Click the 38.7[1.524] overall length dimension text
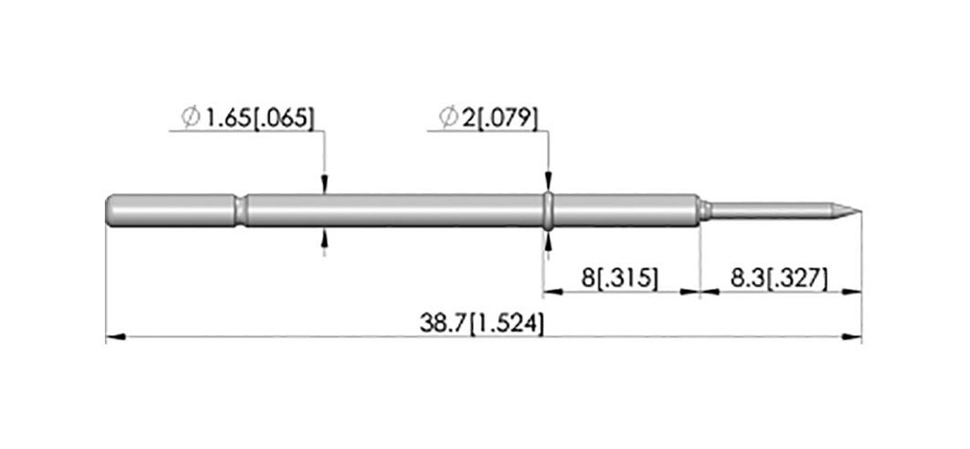(x=481, y=324)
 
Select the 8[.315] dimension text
(x=620, y=278)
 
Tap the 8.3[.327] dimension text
(x=779, y=278)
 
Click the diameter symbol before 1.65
(x=190, y=117)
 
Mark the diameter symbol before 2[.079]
(x=448, y=117)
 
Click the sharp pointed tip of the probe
(x=860, y=211)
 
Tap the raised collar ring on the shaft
(x=548, y=211)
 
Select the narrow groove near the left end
(x=240, y=211)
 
